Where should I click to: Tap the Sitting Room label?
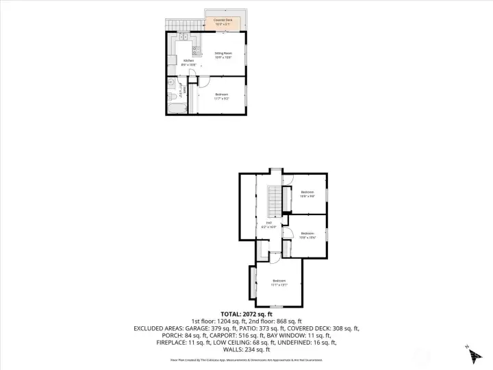pyautogui.click(x=222, y=54)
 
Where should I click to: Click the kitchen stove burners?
pyautogui.click(x=196, y=49)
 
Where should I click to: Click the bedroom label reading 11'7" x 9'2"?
pyautogui.click(x=221, y=96)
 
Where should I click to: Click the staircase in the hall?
pyautogui.click(x=273, y=201)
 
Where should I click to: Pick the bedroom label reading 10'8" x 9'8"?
pyautogui.click(x=307, y=194)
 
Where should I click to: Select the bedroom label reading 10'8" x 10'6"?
pyautogui.click(x=307, y=236)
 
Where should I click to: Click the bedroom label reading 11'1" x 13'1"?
pyautogui.click(x=279, y=282)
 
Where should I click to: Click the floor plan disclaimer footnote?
pyautogui.click(x=246, y=359)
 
